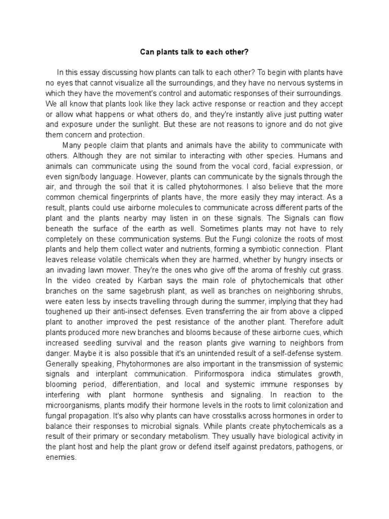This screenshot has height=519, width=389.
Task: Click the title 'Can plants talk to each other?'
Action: (194, 52)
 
